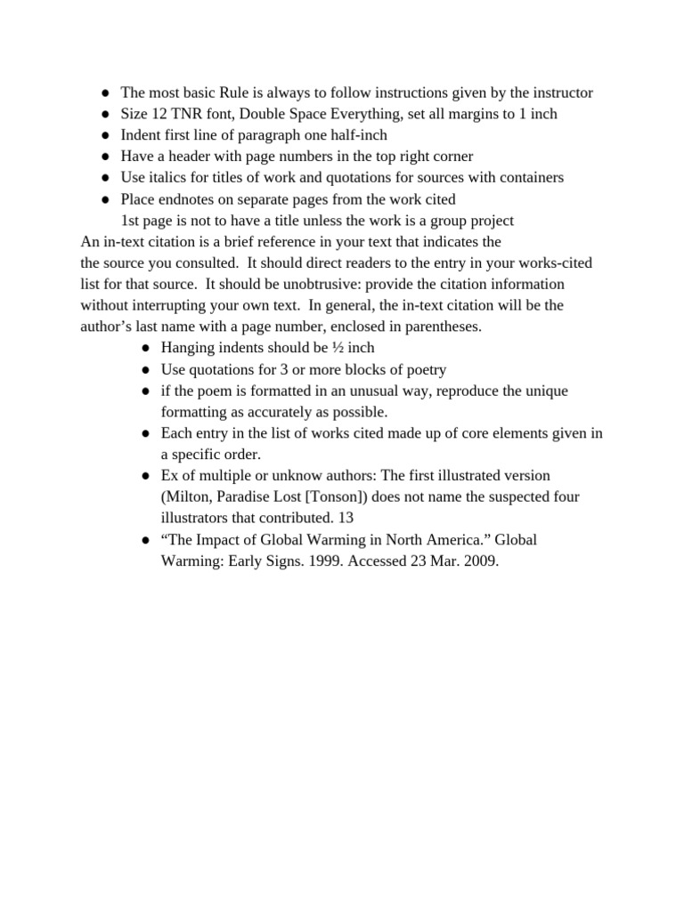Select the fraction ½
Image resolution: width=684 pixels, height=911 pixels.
[338, 348]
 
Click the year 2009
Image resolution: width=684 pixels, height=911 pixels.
[480, 561]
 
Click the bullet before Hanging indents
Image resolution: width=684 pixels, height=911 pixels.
[145, 349]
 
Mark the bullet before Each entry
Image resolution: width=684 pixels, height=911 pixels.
[145, 434]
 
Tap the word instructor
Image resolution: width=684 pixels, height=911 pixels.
[563, 93]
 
